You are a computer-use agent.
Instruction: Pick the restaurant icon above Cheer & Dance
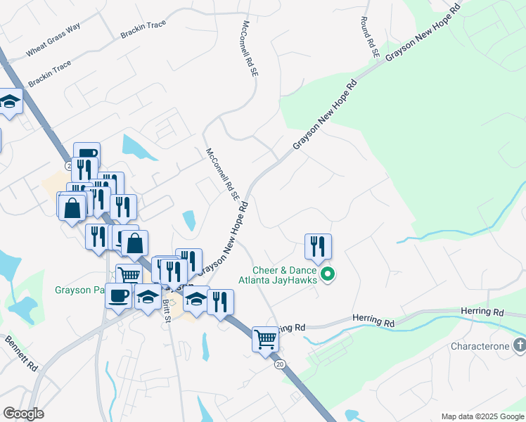pos(318,246)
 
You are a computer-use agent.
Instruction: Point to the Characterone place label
pos(480,346)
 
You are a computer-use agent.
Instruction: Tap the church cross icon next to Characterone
pos(519,345)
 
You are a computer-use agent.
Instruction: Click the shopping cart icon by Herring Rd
pos(265,339)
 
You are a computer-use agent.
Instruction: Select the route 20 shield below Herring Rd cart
pos(280,364)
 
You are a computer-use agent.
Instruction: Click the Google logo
pos(23,413)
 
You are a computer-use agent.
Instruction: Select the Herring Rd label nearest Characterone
pos(482,311)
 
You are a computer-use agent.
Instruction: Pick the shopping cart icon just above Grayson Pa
pos(129,275)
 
